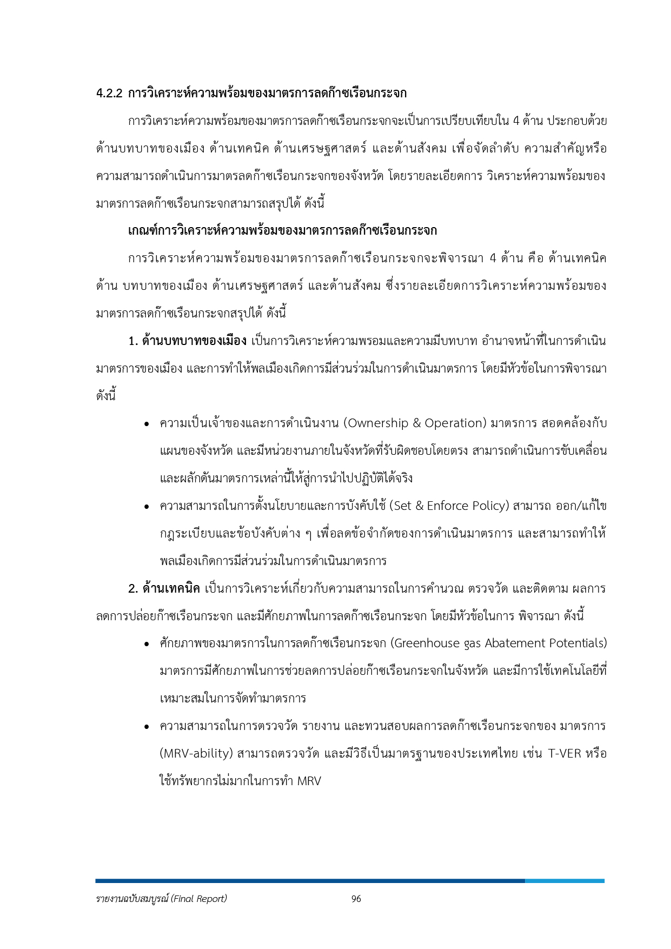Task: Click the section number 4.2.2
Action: [x=110, y=93]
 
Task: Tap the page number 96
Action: [x=356, y=899]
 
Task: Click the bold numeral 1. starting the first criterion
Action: [x=133, y=341]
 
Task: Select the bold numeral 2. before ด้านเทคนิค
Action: [x=134, y=588]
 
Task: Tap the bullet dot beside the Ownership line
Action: [x=147, y=424]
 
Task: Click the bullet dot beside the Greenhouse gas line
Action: [x=147, y=645]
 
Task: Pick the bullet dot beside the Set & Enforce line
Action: [x=147, y=507]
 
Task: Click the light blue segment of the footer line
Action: [x=564, y=881]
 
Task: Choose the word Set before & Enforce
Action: [x=403, y=506]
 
